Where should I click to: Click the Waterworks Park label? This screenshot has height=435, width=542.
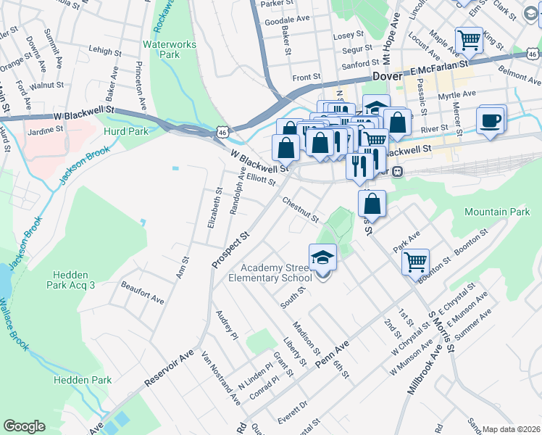pyautogui.click(x=169, y=49)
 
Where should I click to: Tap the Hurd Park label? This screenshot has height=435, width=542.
pyautogui.click(x=127, y=131)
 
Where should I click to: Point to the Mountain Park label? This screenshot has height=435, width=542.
pyautogui.click(x=497, y=212)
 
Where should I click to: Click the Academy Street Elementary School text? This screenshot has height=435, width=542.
pyautogui.click(x=270, y=273)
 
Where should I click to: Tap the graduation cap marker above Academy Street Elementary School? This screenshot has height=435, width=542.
pyautogui.click(x=323, y=257)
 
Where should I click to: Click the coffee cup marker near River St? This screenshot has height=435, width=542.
pyautogui.click(x=491, y=120)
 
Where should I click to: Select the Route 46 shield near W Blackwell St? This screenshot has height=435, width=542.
pyautogui.click(x=222, y=132)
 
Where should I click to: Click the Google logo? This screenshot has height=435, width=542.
pyautogui.click(x=24, y=426)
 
